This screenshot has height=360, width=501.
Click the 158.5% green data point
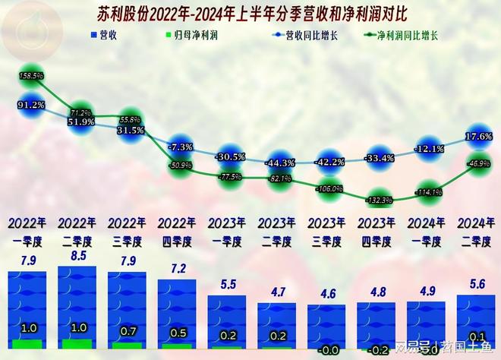pyautogui.click(x=30, y=76)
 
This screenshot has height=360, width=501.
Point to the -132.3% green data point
pyautogui.click(x=378, y=201)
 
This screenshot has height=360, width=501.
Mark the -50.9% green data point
pyautogui.click(x=180, y=164)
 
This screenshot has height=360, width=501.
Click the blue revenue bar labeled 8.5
pyautogui.click(x=80, y=308)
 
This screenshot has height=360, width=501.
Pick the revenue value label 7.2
pyautogui.click(x=179, y=270)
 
